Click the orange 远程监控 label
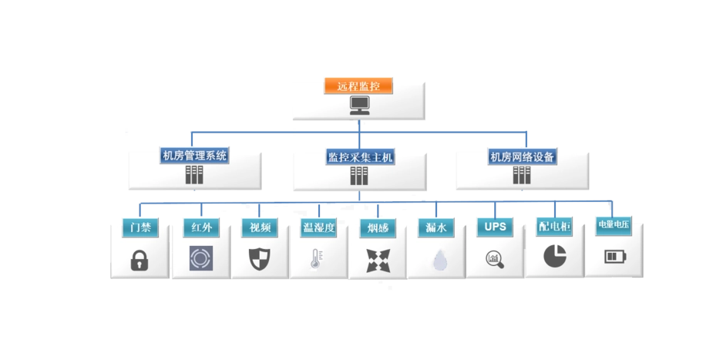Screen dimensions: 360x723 coord(358,86)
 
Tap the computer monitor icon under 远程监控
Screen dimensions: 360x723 coord(359,106)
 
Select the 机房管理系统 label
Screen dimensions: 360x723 coord(194,156)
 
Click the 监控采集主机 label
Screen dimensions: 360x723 coord(360,157)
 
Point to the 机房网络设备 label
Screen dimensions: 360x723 coord(523,156)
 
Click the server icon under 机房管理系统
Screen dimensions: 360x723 coord(194,175)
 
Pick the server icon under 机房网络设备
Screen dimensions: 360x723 coord(522,175)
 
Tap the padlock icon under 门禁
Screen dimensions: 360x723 coord(140,260)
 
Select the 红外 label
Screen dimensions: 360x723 coord(201,228)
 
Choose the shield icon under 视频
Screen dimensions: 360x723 coord(259,258)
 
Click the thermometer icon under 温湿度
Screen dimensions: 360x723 coord(315,258)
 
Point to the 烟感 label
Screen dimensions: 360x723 coord(378,229)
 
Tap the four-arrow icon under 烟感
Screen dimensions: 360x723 coord(378,260)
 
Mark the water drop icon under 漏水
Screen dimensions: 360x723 coord(439,260)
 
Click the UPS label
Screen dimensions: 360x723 coord(494,227)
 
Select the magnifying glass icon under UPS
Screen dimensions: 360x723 coord(495,260)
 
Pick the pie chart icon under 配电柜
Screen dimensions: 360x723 coord(554,257)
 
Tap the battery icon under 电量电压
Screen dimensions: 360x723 coord(615,257)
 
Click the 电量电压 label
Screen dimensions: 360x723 coord(614,225)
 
